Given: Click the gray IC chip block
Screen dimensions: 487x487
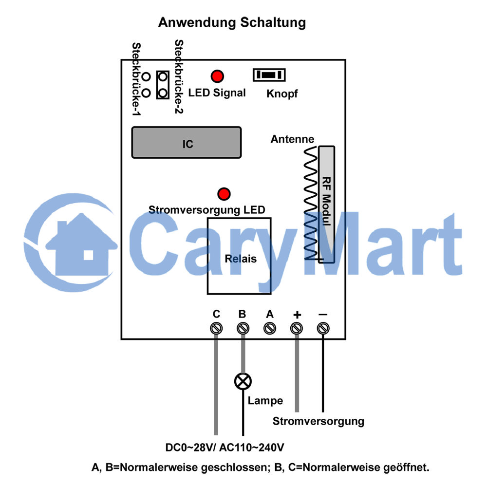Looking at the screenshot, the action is pyautogui.click(x=187, y=143).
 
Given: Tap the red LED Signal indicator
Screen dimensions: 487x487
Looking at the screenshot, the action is pyautogui.click(x=217, y=76).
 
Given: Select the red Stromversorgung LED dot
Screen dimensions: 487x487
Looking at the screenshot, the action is pyautogui.click(x=224, y=194).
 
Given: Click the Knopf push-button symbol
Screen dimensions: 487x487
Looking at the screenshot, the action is pyautogui.click(x=269, y=75).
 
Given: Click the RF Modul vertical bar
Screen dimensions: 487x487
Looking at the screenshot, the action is pyautogui.click(x=326, y=205).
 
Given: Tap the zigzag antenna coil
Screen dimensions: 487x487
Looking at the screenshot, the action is pyautogui.click(x=311, y=203).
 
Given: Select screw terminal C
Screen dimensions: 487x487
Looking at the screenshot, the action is pyautogui.click(x=216, y=328).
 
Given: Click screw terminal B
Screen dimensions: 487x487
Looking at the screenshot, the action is pyautogui.click(x=243, y=328).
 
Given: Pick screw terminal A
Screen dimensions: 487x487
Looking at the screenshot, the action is pyautogui.click(x=270, y=328).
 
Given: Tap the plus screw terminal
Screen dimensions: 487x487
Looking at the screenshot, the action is pyautogui.click(x=296, y=328).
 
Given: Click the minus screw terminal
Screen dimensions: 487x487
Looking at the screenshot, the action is pyautogui.click(x=323, y=328).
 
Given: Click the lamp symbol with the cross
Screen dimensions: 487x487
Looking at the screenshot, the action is pyautogui.click(x=243, y=381).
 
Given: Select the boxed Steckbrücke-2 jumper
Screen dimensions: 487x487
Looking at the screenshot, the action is pyautogui.click(x=163, y=85).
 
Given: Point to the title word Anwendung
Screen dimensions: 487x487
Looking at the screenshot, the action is pyautogui.click(x=197, y=23).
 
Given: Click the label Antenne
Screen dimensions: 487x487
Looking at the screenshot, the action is pyautogui.click(x=292, y=139).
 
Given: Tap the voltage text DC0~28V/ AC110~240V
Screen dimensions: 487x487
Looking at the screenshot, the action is pyautogui.click(x=225, y=448).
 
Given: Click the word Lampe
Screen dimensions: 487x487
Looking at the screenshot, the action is pyautogui.click(x=265, y=401).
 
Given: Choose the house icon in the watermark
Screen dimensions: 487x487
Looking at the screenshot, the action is pyautogui.click(x=81, y=244).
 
